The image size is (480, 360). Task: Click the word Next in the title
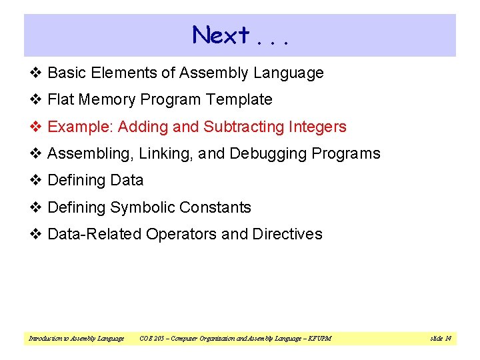221,35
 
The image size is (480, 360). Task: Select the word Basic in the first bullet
67,73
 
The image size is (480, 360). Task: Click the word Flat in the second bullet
61,100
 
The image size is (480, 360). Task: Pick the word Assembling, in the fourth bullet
91,154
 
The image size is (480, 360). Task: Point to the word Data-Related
94,235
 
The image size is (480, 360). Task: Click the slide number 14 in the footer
448,339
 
